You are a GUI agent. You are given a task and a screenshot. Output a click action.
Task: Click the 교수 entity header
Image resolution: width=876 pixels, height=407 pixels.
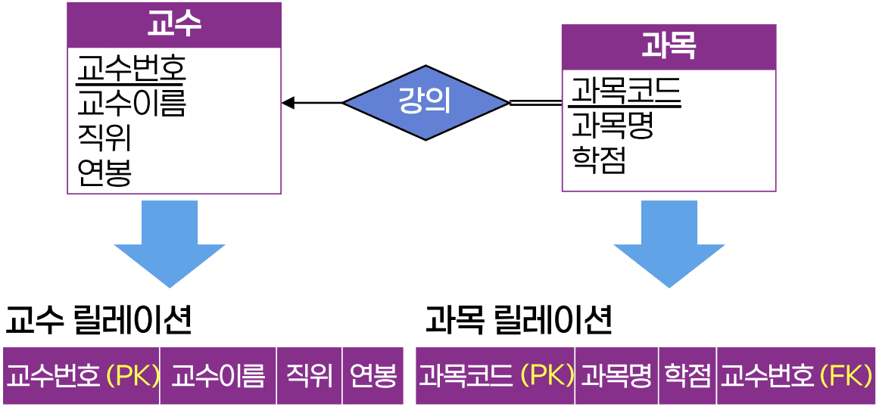174,25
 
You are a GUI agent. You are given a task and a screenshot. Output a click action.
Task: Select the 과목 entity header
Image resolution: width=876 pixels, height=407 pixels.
669,47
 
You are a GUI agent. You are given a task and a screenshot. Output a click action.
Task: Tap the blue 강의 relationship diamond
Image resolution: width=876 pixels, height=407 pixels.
426,102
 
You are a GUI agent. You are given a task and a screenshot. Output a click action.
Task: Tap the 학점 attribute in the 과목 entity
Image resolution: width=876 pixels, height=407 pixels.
598,160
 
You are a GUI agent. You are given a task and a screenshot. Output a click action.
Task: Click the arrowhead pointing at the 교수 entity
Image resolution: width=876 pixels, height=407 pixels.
288,103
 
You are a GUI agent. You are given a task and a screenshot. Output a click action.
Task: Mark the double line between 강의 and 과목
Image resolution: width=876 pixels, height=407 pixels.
536,102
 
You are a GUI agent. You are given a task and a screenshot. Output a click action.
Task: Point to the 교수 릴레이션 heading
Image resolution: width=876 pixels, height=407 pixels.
98,321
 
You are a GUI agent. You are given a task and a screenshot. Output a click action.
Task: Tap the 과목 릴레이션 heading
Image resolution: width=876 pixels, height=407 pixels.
519,321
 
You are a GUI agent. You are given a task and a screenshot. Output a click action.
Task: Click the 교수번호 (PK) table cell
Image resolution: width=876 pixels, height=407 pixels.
82,376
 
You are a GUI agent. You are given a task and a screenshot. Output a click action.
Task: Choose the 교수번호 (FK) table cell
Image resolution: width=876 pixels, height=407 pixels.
795,376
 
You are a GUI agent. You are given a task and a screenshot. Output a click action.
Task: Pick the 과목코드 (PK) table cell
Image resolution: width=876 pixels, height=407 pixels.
496,376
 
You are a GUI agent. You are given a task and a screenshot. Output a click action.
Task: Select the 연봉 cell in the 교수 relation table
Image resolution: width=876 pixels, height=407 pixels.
373,376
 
